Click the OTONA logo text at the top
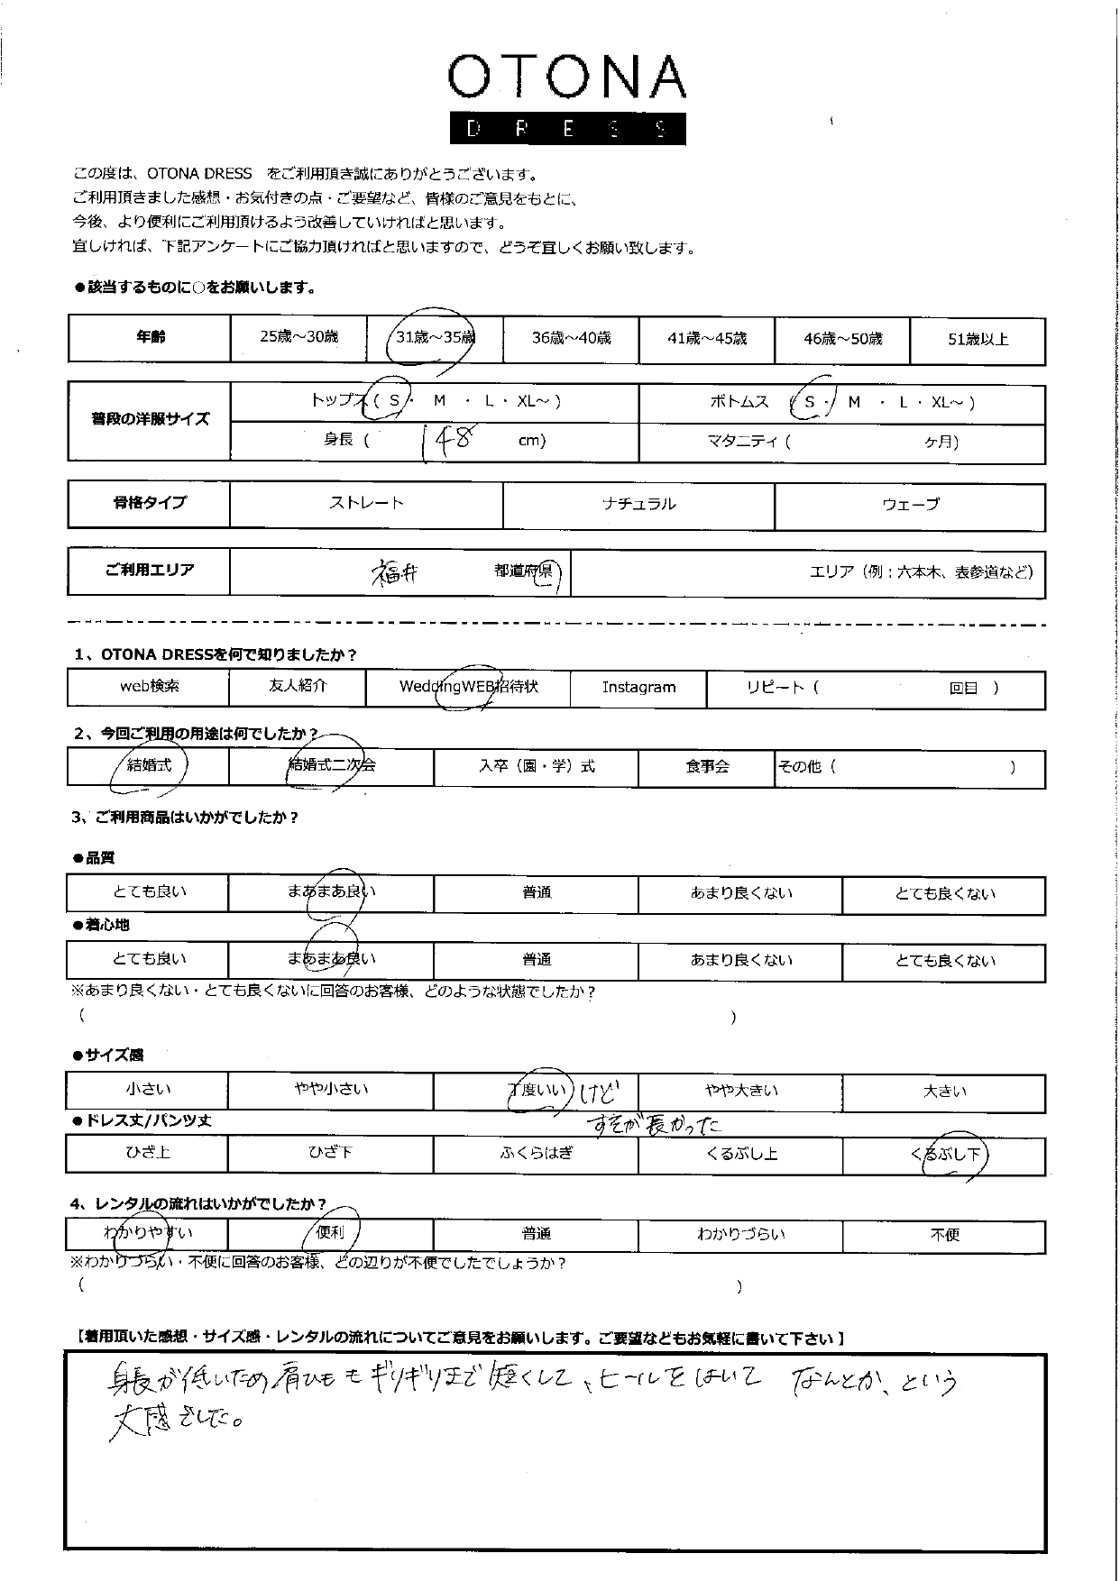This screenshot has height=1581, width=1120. pyautogui.click(x=566, y=78)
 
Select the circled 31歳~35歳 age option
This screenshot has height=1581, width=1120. pyautogui.click(x=435, y=338)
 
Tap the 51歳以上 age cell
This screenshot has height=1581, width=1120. pyautogui.click(x=978, y=340)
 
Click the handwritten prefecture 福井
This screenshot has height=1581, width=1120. pyautogui.click(x=395, y=573)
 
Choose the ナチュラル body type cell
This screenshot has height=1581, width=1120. pyautogui.click(x=638, y=505)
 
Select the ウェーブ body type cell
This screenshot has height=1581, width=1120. pyautogui.click(x=910, y=505)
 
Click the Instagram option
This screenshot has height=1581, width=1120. pyautogui.click(x=638, y=688)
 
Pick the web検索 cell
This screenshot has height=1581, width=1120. pyautogui.click(x=150, y=686)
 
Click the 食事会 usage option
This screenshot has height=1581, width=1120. pyautogui.click(x=706, y=767)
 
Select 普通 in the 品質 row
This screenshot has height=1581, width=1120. pyautogui.click(x=537, y=892)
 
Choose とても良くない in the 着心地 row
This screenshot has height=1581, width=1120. pyautogui.click(x=944, y=961)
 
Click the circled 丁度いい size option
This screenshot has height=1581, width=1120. pyautogui.click(x=537, y=1091)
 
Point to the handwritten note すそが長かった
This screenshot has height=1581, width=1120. pyautogui.click(x=653, y=1124)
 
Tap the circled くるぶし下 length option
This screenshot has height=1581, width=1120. pyautogui.click(x=949, y=1155)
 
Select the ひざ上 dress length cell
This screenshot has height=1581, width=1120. pyautogui.click(x=148, y=1153)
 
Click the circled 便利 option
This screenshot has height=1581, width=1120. pyautogui.click(x=331, y=1233)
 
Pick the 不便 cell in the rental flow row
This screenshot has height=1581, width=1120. pyautogui.click(x=944, y=1235)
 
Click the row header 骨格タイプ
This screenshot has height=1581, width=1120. pyautogui.click(x=150, y=503)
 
